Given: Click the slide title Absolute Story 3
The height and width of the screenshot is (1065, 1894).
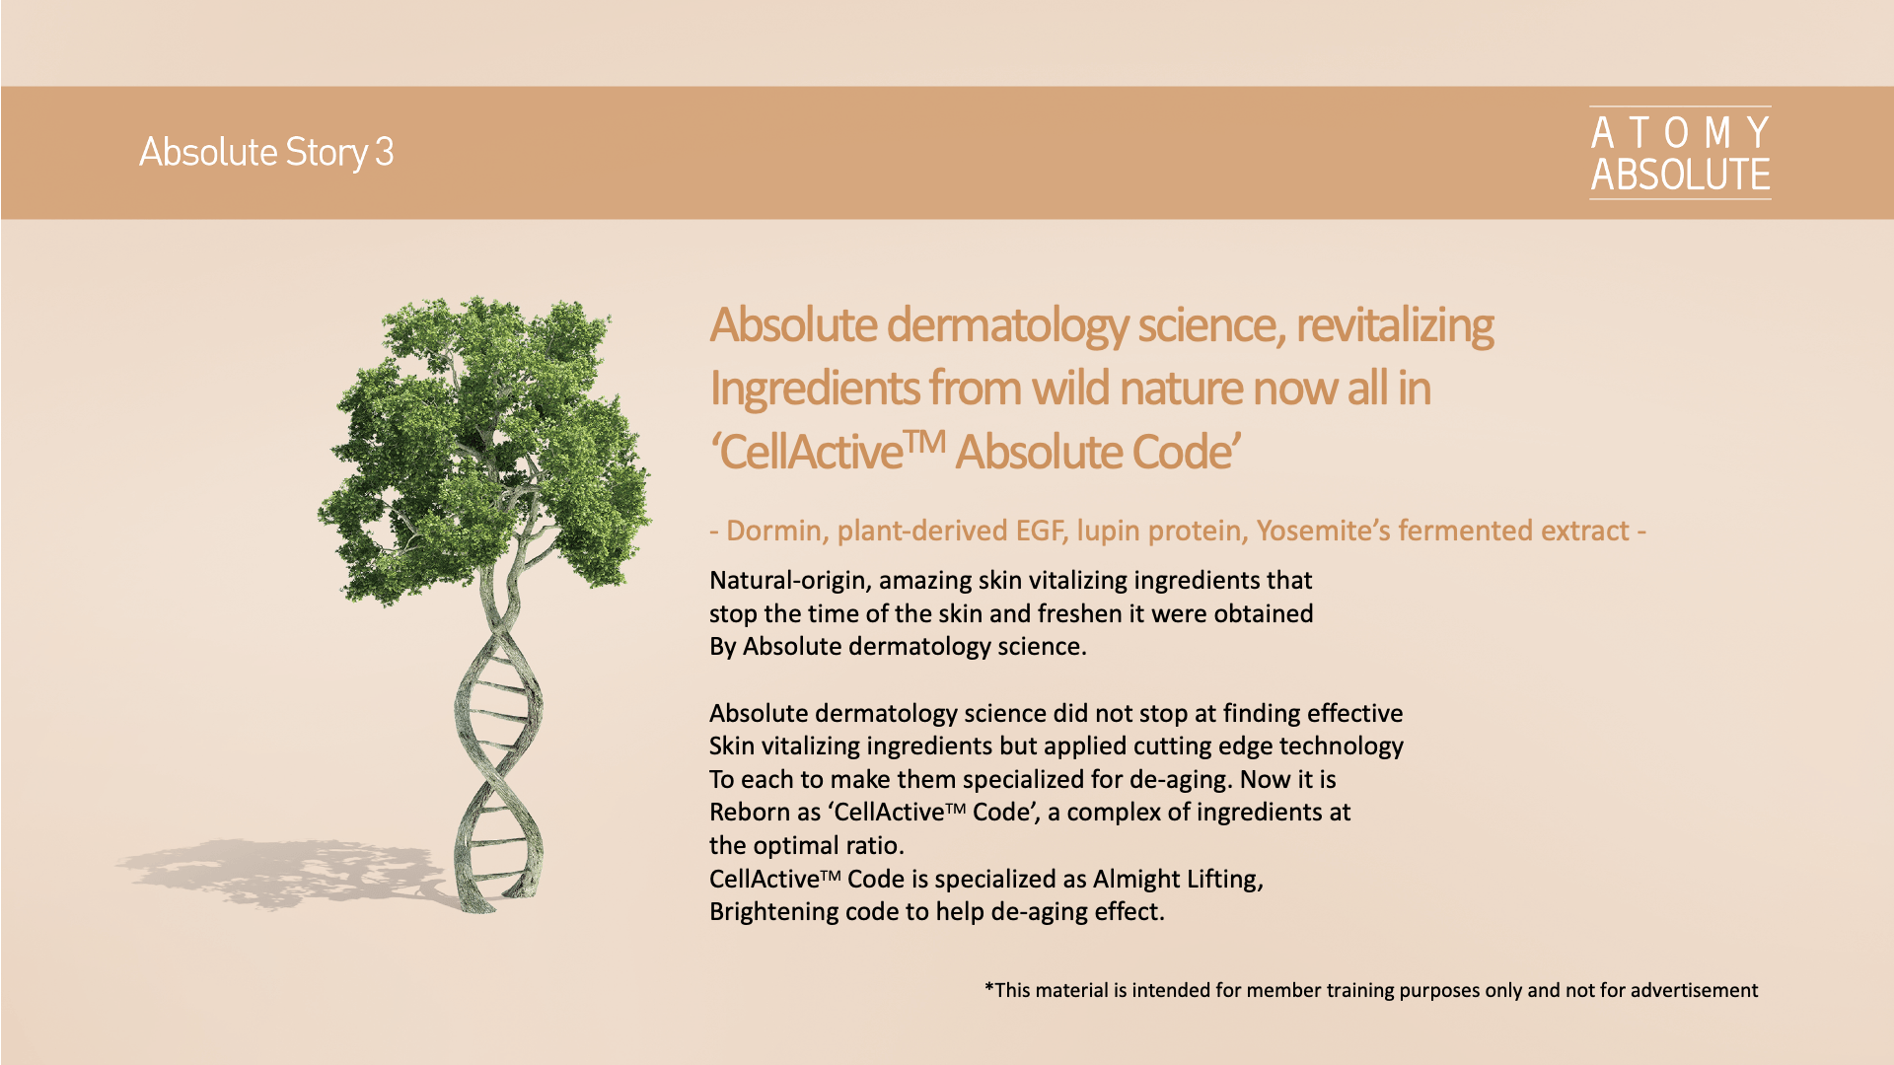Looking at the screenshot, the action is coord(266,152).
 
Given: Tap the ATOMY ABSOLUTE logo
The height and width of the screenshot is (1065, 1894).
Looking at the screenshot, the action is coord(1680,153).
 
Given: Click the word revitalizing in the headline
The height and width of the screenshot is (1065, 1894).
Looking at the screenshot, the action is coord(1395,325).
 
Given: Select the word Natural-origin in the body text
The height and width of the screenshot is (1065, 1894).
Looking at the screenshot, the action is coord(790,581).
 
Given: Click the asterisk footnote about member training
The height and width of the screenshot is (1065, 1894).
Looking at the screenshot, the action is coord(1371,990).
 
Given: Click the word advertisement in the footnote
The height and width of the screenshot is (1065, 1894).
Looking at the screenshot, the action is coord(1694,990).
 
